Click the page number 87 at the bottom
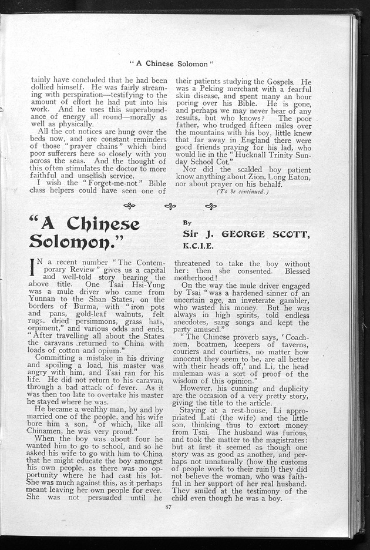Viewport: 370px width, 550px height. point(169,506)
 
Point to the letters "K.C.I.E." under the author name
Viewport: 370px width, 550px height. point(198,245)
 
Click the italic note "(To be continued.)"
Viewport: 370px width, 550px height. point(242,192)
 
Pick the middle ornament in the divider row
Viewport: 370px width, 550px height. point(170,206)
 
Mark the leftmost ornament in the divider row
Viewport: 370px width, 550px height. point(129,206)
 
